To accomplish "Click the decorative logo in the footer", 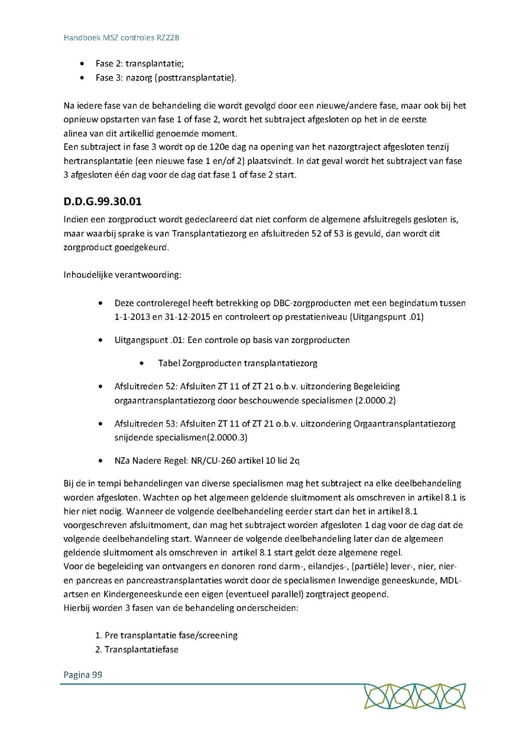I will [414, 696].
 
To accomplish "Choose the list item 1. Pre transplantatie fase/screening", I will [167, 635].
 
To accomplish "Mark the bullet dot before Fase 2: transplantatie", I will [82, 63].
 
